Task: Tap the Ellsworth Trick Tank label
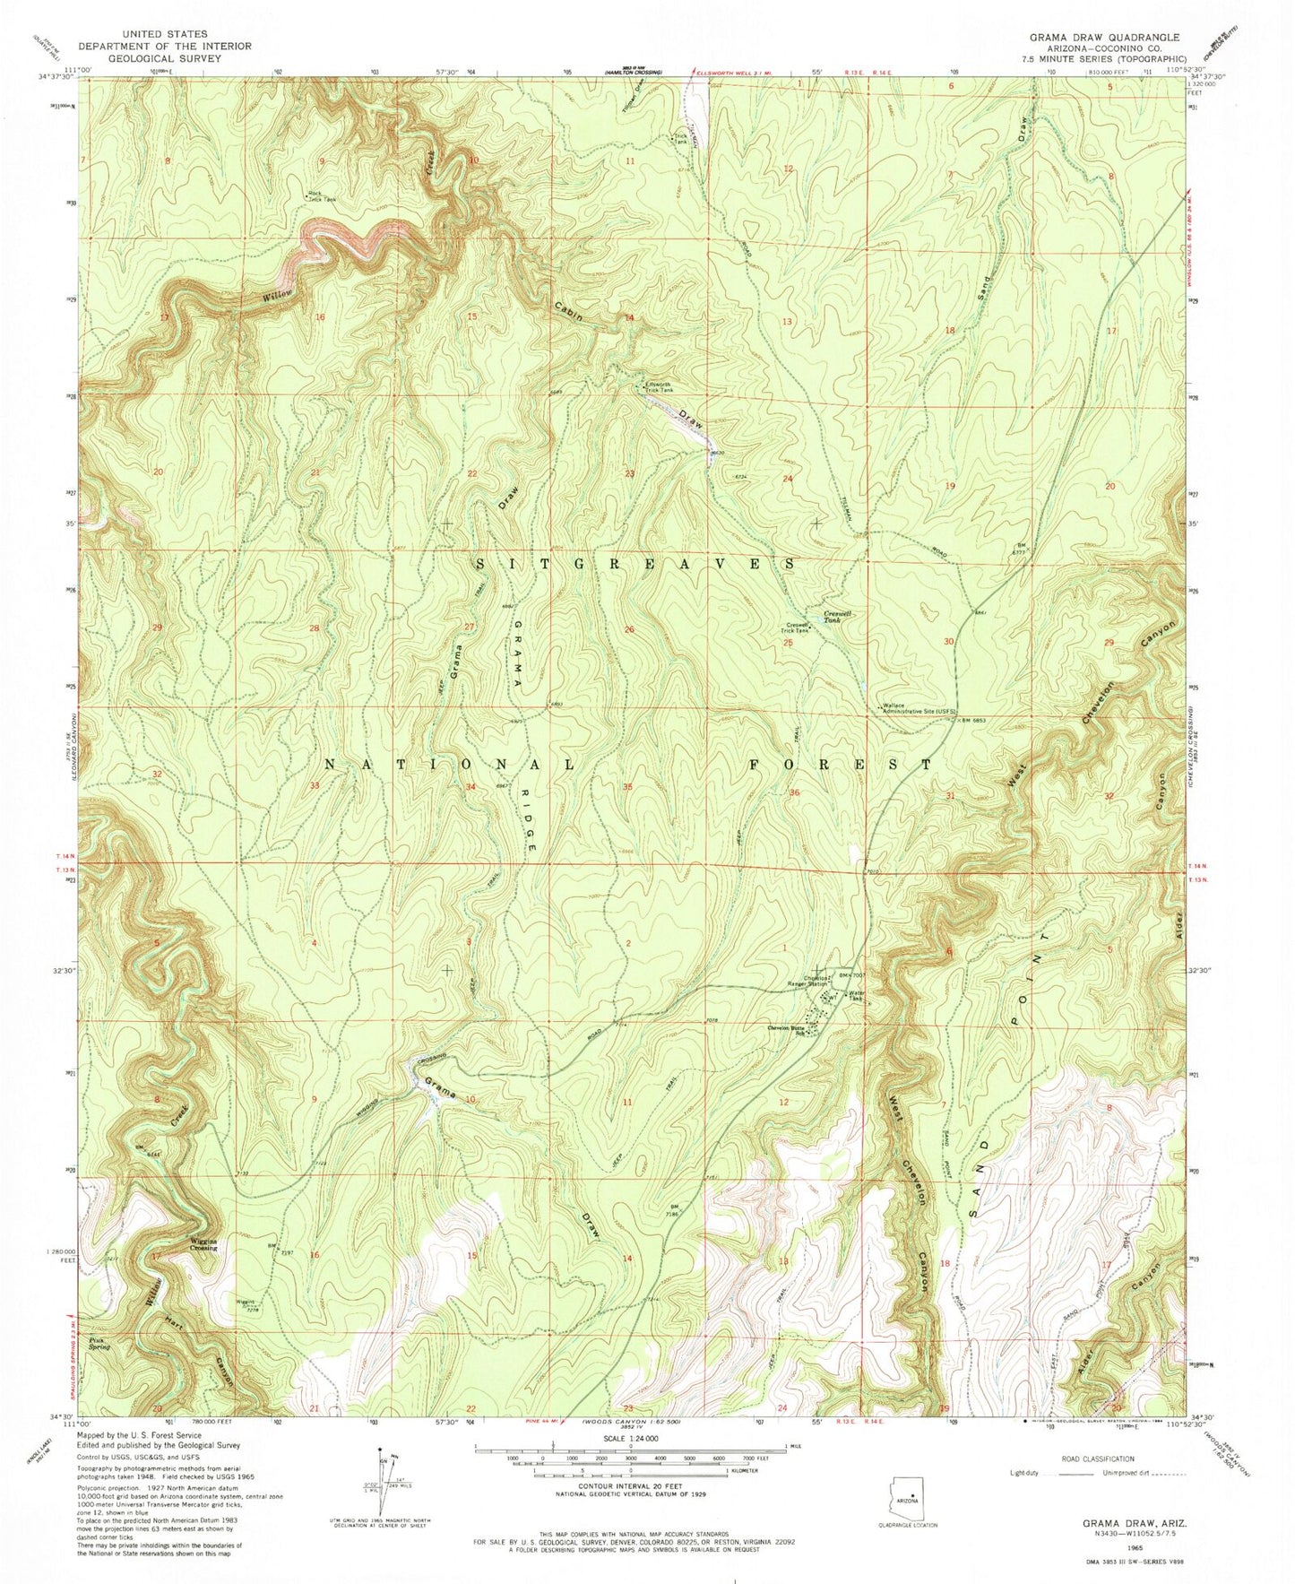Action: (x=659, y=387)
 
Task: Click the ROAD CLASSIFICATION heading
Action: (x=1098, y=1458)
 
